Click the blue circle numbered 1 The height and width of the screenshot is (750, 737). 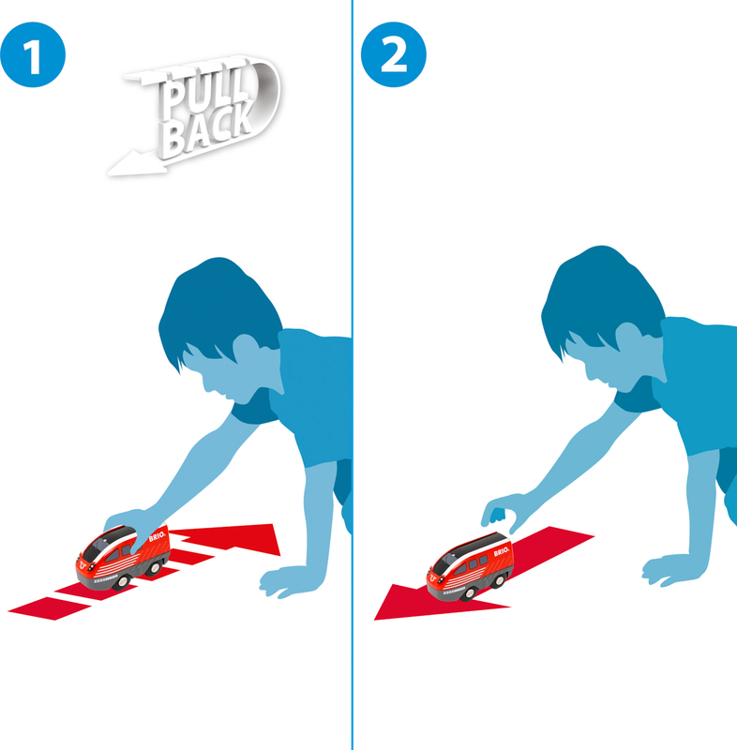[33, 54]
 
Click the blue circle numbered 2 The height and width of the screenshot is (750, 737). [393, 54]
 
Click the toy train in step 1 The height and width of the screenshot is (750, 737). [123, 557]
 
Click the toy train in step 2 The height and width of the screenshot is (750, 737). [470, 566]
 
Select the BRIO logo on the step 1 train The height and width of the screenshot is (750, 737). [157, 536]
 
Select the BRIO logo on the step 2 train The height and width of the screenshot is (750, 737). [501, 551]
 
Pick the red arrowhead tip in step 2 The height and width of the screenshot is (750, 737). [375, 620]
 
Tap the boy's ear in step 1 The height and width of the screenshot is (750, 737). [246, 349]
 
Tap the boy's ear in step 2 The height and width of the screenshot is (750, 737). [628, 337]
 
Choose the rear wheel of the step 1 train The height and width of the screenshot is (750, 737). [155, 568]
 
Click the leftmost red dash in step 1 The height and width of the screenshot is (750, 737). [50, 608]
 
